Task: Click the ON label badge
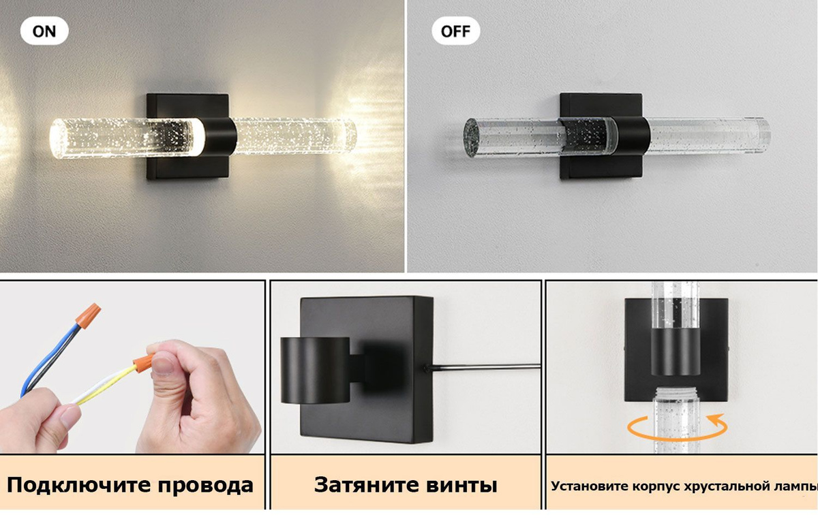point(44,31)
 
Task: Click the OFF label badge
point(455,31)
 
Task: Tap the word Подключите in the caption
point(78,486)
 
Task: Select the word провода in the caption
point(206,486)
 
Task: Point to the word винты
point(461,486)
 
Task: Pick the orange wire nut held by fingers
point(143,361)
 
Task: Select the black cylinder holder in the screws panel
point(315,370)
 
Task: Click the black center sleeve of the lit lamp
point(220,136)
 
